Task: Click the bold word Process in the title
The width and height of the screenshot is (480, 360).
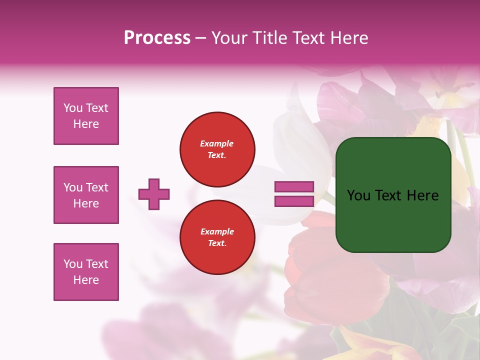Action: coord(157,38)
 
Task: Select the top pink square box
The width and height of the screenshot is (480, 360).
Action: coord(86,116)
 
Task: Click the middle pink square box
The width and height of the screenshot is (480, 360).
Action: coord(86,195)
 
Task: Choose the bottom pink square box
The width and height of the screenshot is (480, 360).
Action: coord(86,272)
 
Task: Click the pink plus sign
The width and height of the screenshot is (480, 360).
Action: coord(154,194)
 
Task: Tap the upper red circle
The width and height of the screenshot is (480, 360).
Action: coord(217,149)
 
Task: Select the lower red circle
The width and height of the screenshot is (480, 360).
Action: coord(217,237)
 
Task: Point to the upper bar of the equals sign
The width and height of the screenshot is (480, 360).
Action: coord(294,187)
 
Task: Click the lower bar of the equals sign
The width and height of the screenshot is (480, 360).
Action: coord(294,201)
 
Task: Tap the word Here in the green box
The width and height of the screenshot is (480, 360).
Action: coord(422,195)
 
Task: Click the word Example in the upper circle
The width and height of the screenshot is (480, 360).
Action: coord(217,143)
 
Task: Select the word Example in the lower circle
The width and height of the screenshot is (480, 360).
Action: coord(217,231)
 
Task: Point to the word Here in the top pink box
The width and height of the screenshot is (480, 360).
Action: coord(86,124)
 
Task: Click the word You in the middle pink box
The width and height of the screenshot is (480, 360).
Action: coord(73,187)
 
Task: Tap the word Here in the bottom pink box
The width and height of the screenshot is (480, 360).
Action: coord(86,280)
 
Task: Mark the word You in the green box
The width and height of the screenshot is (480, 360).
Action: coord(358,195)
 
